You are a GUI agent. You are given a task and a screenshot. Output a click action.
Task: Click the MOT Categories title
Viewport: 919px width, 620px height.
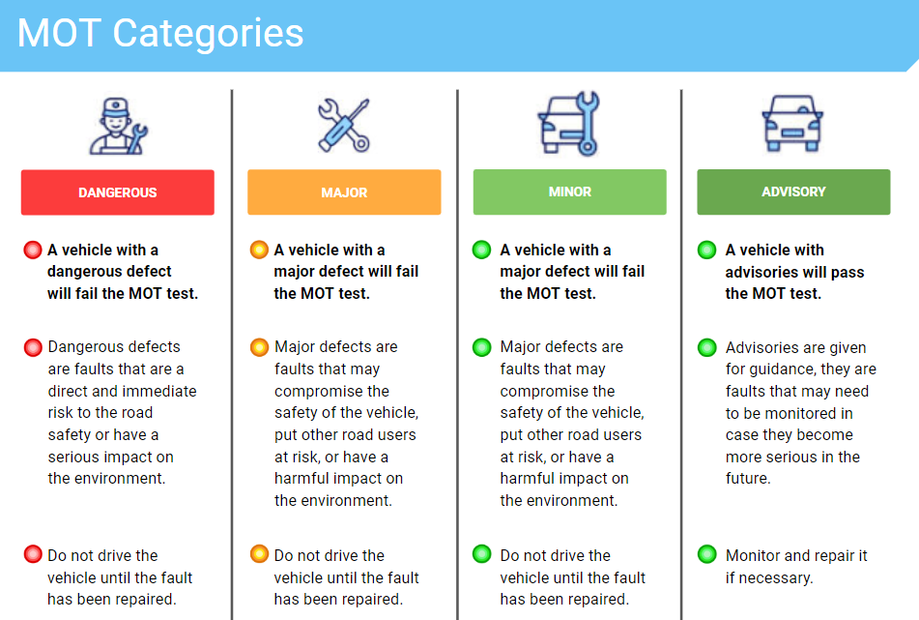coord(160,33)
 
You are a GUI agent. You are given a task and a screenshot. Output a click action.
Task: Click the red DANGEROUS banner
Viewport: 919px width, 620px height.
coord(118,192)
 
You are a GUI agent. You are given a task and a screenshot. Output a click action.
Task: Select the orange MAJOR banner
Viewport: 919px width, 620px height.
coord(344,192)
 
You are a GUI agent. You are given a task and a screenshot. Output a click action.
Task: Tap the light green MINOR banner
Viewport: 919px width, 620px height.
coord(570,192)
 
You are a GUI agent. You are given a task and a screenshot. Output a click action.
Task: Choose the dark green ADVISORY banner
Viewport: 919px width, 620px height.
coord(793,192)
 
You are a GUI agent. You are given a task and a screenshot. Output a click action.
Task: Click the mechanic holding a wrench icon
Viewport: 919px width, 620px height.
coord(118,126)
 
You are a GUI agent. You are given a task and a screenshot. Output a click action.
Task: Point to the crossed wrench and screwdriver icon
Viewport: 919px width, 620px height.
coord(344,126)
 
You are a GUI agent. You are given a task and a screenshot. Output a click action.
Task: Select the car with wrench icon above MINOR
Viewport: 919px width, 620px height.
coord(569,124)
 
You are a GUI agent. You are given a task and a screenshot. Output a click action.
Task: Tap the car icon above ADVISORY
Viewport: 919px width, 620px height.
coord(792,124)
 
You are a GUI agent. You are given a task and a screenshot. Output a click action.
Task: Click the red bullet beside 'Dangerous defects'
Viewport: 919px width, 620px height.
coord(33,347)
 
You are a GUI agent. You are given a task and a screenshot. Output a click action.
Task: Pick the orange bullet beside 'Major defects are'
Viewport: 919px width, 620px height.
coord(259,347)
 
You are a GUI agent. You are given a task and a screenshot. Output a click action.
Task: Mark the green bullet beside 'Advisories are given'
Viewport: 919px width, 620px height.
coord(706,347)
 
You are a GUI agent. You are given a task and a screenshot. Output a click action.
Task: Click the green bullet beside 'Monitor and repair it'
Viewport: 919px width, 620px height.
coord(706,553)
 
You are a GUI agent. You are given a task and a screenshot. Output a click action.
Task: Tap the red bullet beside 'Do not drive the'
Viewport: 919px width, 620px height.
coord(33,553)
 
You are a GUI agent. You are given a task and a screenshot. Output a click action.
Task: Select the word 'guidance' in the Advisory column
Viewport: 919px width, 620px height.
coord(771,369)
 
